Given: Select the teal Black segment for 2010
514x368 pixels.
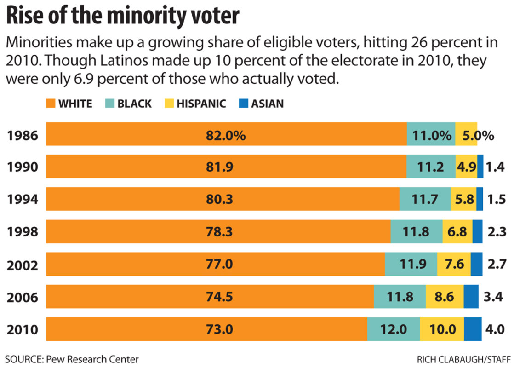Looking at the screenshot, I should pos(394,329).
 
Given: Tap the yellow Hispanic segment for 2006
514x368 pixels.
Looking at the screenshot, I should pos(444,297).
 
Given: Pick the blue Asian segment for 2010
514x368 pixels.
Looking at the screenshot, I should pos(473,329).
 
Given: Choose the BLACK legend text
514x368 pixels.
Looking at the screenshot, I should pos(134,103).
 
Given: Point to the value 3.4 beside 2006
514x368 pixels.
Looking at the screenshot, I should pos(494,297).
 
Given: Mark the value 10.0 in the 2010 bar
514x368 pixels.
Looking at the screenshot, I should pos(442,329).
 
